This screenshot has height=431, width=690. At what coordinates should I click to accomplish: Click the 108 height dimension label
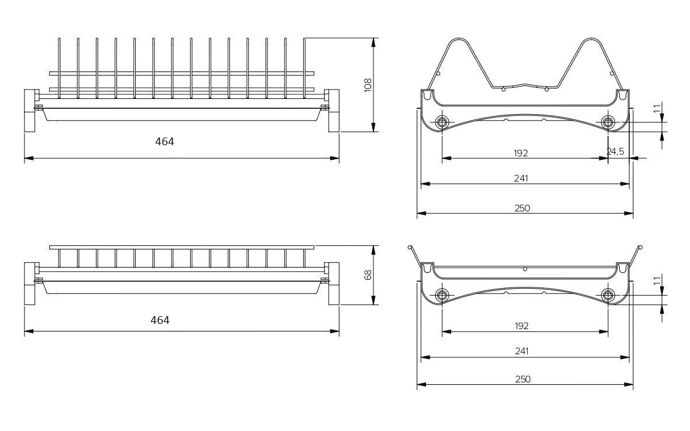[x=368, y=85]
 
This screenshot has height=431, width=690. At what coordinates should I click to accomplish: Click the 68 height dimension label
[x=368, y=275]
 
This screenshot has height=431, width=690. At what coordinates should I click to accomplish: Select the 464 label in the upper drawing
[x=164, y=141]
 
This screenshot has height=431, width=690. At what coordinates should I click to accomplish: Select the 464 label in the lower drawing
[x=160, y=320]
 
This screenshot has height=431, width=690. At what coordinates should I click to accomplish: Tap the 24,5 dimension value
[x=615, y=152]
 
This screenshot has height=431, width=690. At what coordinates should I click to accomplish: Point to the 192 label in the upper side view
[x=521, y=153]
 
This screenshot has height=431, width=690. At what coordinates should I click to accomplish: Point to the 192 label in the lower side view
[x=521, y=326]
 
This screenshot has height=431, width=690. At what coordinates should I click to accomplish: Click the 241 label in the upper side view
[x=521, y=178]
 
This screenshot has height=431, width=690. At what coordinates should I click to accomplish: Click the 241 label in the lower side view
[x=521, y=351]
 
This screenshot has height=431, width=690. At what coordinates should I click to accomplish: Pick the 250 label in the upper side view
[x=523, y=208]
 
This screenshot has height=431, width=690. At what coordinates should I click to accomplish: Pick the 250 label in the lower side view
[x=523, y=379]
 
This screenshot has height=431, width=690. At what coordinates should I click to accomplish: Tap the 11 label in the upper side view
[x=657, y=108]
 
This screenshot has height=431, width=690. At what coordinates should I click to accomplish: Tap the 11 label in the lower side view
[x=657, y=281]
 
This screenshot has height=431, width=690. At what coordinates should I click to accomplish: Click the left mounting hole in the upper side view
[x=441, y=122]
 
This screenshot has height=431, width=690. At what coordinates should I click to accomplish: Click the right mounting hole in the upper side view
[x=607, y=122]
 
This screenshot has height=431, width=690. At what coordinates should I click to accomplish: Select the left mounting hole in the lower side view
[x=441, y=295]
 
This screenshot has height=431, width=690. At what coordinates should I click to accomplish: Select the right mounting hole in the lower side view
[x=607, y=295]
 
